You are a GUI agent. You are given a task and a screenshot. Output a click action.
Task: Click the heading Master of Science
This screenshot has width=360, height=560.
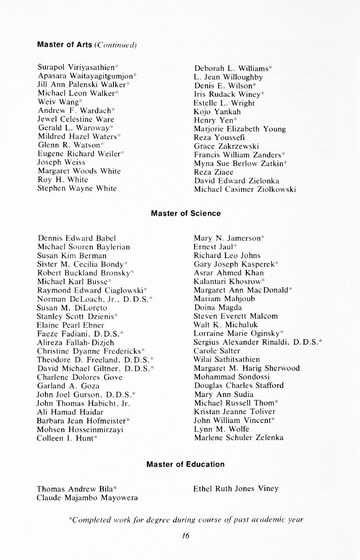tap(181, 213)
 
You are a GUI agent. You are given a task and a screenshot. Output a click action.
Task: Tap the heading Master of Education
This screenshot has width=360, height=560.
tap(181, 464)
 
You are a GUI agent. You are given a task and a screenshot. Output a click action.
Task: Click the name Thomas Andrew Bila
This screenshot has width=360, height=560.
tap(78, 490)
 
